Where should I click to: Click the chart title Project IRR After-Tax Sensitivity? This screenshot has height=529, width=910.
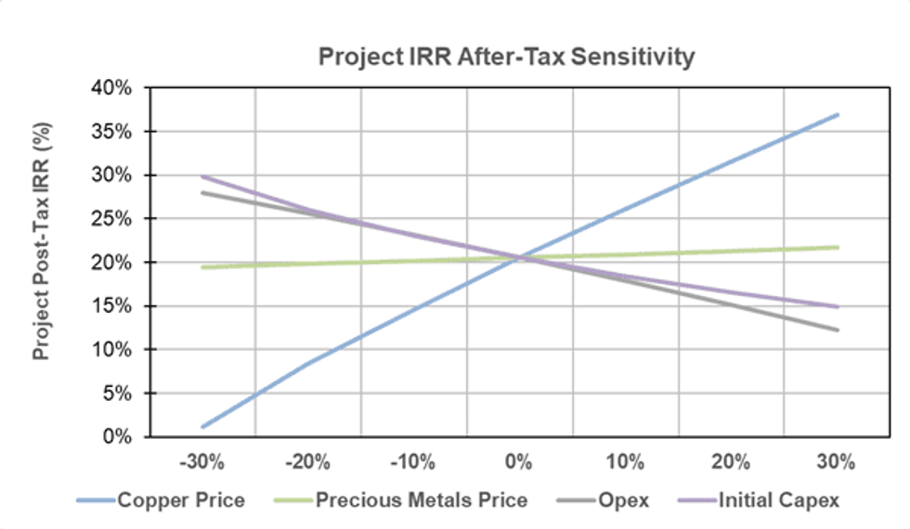click(x=506, y=57)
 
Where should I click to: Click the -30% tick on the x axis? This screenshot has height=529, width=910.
click(x=201, y=462)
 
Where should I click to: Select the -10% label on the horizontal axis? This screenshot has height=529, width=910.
click(x=413, y=462)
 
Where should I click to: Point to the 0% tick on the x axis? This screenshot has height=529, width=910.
click(x=519, y=462)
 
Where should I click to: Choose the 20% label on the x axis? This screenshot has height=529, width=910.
click(x=731, y=462)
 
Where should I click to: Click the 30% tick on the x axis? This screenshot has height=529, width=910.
click(x=837, y=462)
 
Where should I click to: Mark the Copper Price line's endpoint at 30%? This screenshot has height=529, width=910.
click(x=838, y=115)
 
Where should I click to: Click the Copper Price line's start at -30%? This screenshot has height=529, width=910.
click(x=202, y=427)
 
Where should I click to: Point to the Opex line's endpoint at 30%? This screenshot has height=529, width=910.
click(x=838, y=329)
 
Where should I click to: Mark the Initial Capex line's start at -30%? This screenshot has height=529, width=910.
click(x=202, y=176)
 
